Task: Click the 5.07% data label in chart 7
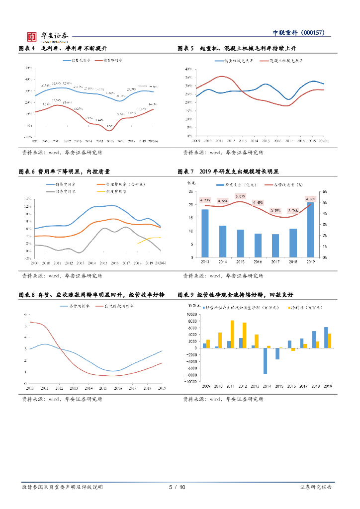[x=241, y=196]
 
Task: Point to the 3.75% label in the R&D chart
[x=275, y=210]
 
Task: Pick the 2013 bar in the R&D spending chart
[x=205, y=233]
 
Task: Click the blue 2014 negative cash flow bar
[x=266, y=360]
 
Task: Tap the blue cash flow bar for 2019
[x=326, y=338]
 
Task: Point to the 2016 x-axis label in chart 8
[x=117, y=388]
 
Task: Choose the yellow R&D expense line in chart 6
[x=149, y=240]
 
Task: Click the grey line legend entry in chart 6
[x=64, y=191]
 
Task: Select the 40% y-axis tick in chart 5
[x=188, y=69]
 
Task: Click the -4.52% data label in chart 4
[x=110, y=126]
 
